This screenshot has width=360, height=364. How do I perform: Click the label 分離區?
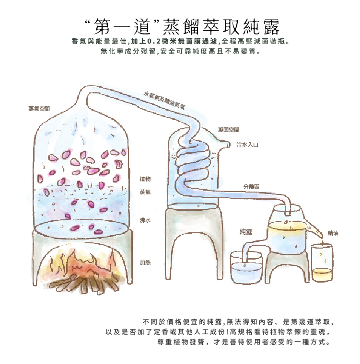(x=251, y=186)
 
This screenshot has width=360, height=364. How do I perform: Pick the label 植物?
(x=145, y=179)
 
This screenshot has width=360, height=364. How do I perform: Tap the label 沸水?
(x=145, y=221)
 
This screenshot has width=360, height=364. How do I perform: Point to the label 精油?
(x=333, y=233)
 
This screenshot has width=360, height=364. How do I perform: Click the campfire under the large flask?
(x=81, y=271)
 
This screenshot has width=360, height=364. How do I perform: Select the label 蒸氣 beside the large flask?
(x=145, y=192)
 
